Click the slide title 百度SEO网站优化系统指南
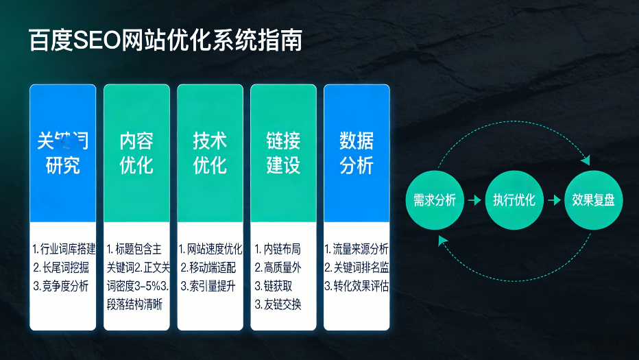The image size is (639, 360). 165,40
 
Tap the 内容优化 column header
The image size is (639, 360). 136,153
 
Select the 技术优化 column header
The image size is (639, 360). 210,153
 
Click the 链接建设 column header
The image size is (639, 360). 283,153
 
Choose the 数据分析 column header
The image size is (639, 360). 357,153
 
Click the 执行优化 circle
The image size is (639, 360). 514,200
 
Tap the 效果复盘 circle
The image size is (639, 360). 593,200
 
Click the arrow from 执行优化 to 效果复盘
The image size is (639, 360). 553,200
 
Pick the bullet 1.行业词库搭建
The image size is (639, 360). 64,249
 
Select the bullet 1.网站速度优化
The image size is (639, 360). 210,249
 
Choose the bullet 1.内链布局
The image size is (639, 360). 278,249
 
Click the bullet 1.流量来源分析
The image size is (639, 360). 357,249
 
